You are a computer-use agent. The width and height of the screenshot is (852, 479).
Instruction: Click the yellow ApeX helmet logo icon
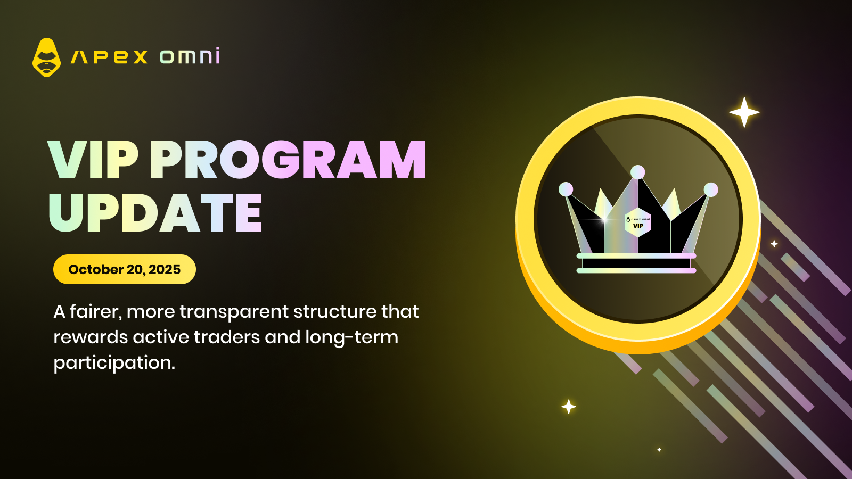[x=46, y=57]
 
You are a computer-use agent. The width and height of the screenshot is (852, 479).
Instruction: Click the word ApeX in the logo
[x=109, y=57]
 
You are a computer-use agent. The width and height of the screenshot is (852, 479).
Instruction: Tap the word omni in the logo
[x=190, y=55]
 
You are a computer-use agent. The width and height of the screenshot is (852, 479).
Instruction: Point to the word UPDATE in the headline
[x=155, y=212]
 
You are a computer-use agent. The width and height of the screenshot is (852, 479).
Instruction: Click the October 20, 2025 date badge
[x=125, y=269]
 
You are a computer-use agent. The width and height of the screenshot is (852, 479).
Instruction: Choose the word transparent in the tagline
[x=234, y=312]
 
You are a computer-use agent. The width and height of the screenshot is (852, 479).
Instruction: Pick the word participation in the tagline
[x=114, y=362]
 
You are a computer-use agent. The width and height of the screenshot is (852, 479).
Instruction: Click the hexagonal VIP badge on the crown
[x=638, y=223]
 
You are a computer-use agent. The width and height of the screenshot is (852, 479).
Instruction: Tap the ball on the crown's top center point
[x=638, y=172]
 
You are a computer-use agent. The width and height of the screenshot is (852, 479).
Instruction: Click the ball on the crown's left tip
[x=566, y=189]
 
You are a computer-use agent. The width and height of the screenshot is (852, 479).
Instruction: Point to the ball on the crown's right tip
[x=710, y=189]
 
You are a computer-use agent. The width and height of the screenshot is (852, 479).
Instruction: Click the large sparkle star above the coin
[x=744, y=112]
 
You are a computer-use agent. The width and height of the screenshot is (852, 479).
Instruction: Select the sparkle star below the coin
[x=569, y=407]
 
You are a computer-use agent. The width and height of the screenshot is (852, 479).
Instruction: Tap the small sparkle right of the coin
[x=774, y=244]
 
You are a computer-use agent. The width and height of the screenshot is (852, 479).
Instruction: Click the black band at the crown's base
[x=636, y=263]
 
